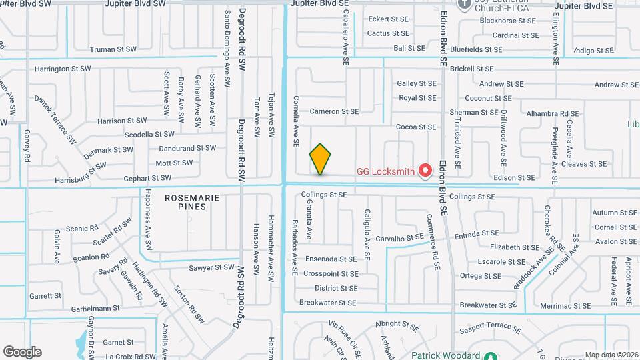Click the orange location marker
[320, 159]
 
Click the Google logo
[22, 351]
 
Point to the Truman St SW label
[113, 49]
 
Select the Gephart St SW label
[147, 178]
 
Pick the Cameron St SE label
[334, 111]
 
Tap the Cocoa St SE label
[416, 127]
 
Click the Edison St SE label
[514, 177]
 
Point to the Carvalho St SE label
[399, 237]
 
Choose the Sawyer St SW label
[212, 267]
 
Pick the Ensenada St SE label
[331, 259]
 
